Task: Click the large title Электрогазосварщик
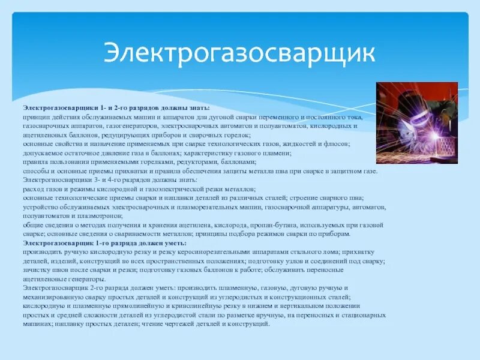(239, 52)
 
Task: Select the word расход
(33, 189)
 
